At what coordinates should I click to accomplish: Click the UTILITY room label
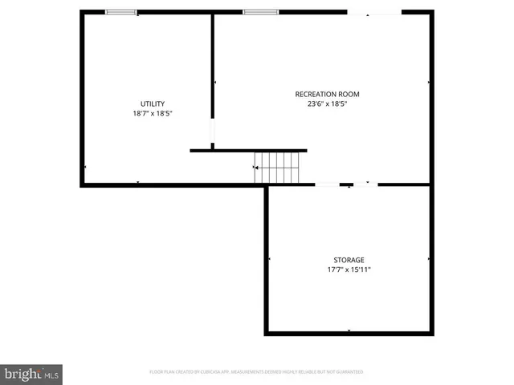click(153, 103)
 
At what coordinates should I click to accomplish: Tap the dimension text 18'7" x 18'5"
click(153, 114)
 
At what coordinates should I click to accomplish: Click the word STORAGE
click(349, 260)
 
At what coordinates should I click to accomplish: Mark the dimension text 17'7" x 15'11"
click(349, 269)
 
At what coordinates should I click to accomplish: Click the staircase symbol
click(277, 167)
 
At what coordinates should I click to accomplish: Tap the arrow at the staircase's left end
click(255, 168)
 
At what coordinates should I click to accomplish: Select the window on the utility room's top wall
click(121, 12)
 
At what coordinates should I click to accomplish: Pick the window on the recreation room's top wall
click(260, 12)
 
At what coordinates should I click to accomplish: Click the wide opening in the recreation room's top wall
click(373, 13)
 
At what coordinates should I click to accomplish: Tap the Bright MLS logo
click(31, 374)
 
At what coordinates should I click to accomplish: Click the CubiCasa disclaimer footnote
click(256, 372)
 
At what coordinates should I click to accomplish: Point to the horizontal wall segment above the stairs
click(248, 150)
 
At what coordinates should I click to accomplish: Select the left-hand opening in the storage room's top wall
click(327, 184)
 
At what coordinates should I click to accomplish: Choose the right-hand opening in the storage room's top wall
click(365, 184)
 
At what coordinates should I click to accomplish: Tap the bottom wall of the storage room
click(349, 333)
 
